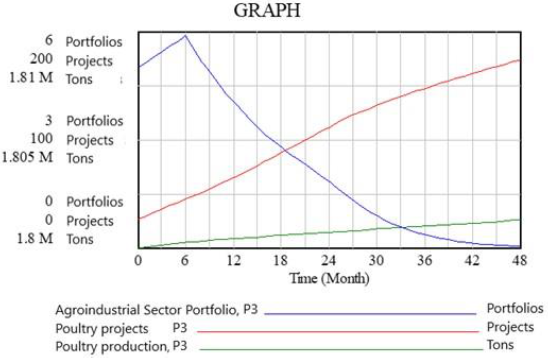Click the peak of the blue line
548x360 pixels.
coord(185,36)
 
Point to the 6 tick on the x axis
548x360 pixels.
coord(185,259)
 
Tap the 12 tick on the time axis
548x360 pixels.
coord(232,259)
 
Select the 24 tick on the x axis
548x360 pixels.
coord(328,259)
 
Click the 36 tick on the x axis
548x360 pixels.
coord(423,259)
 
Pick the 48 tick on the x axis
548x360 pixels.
coord(519,259)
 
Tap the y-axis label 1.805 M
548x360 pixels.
coord(27,158)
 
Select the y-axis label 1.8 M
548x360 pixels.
coord(34,238)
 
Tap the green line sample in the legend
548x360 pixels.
coord(335,349)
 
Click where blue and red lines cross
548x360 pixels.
coord(285,151)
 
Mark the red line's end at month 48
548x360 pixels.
coord(519,60)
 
